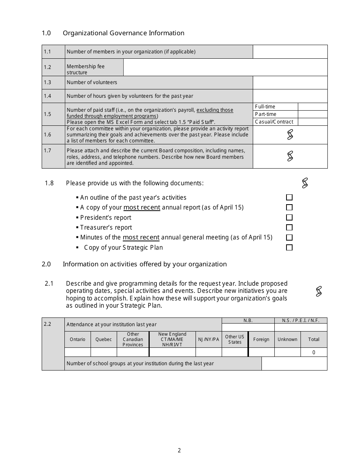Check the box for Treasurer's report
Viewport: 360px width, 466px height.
289,227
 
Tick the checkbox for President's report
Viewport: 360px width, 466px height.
289,217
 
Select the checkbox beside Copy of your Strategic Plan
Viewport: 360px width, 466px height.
289,247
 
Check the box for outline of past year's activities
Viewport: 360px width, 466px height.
289,197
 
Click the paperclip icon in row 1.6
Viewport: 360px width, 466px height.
290,134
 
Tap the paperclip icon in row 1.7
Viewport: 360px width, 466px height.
290,156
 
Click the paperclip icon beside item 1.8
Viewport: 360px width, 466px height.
305,183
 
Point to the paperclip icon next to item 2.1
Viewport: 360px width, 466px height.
319,291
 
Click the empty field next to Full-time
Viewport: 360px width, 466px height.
313,107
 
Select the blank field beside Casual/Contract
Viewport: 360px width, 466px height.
313,122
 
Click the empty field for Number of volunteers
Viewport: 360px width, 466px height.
290,83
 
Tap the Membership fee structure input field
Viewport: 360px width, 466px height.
225,67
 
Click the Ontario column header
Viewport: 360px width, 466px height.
78,339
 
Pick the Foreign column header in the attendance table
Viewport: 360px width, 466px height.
261,339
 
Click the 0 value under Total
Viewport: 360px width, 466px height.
314,352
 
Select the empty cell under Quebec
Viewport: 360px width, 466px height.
103,352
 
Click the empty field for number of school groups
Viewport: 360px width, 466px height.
294,363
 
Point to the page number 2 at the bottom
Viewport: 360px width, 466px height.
179,450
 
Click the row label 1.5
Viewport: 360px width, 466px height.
47,114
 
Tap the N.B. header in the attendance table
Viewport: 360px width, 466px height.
248,321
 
